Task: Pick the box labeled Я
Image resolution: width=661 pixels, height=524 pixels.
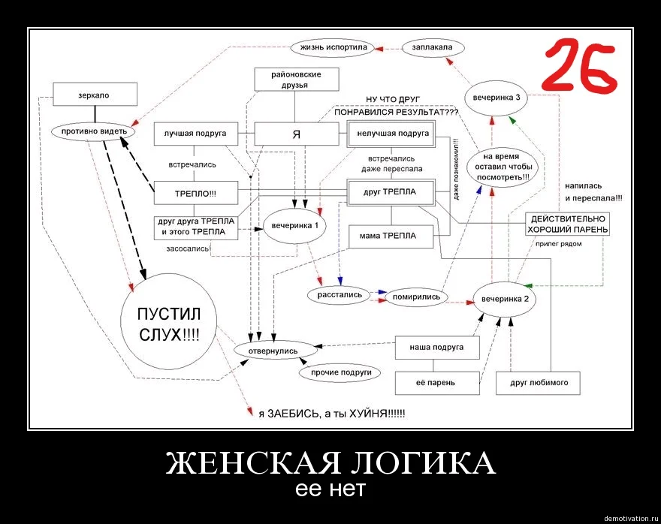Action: click(x=296, y=134)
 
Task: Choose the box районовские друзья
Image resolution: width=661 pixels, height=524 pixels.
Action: click(x=295, y=80)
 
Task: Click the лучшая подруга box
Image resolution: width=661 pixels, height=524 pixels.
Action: click(x=195, y=134)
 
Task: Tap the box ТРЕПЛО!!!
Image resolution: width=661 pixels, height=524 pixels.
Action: click(x=195, y=193)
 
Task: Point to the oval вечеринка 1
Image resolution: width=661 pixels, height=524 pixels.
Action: click(x=294, y=225)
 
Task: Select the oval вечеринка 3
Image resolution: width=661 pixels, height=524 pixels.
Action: click(x=497, y=98)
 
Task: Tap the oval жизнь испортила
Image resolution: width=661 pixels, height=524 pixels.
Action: click(x=333, y=47)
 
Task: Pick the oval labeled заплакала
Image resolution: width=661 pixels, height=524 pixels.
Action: click(x=432, y=47)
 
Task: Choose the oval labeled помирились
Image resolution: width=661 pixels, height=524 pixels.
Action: click(x=415, y=297)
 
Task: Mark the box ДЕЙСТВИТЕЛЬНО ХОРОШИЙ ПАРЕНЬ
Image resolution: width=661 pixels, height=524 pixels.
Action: click(x=568, y=223)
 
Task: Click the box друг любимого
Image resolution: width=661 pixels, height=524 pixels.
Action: click(x=539, y=383)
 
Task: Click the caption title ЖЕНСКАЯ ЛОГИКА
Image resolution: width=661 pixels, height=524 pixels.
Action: click(x=330, y=462)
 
